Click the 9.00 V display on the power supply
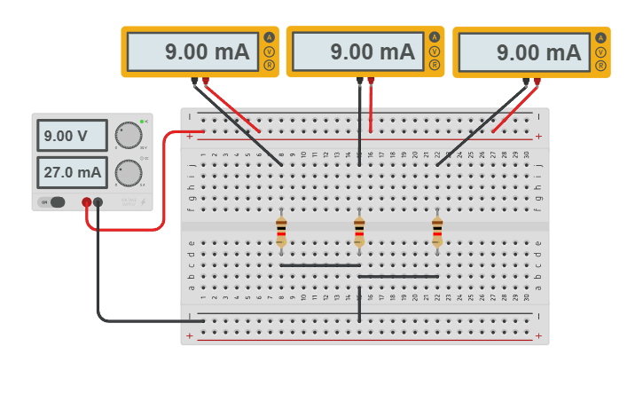[72, 136]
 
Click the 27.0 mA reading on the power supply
[72, 172]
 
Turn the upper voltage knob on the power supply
[129, 135]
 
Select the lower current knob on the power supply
[129, 172]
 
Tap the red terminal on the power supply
[86, 202]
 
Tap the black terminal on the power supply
[98, 202]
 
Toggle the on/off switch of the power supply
[54, 202]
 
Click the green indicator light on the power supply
[141, 121]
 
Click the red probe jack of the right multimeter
[537, 81]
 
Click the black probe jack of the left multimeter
[194, 81]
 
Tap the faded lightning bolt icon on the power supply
[143, 202]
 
